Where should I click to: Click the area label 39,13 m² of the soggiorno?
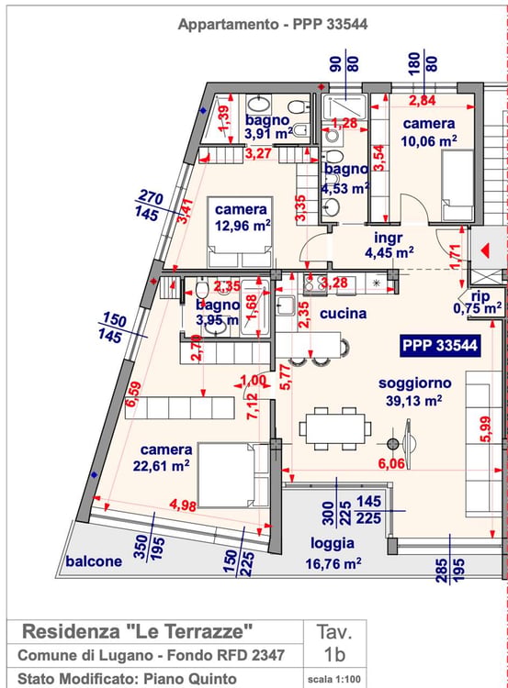(414, 401)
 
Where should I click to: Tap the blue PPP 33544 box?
(440, 345)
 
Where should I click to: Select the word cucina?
(344, 314)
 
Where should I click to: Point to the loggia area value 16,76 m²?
(333, 563)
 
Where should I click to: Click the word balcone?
(94, 560)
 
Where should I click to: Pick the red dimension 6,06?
(391, 463)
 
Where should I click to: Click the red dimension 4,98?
(183, 505)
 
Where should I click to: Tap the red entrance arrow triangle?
(486, 251)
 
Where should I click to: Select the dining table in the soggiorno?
(335, 428)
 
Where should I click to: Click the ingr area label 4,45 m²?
(389, 253)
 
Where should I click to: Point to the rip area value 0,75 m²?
(478, 308)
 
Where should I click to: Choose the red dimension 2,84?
(423, 101)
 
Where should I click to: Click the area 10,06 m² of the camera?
(428, 141)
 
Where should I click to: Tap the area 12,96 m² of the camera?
(243, 226)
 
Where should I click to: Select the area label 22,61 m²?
(162, 465)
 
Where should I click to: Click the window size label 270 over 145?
(149, 205)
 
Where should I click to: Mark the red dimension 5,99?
(485, 429)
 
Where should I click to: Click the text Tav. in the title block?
(334, 632)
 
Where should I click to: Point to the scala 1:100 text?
(334, 680)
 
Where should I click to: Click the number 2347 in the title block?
(268, 655)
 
